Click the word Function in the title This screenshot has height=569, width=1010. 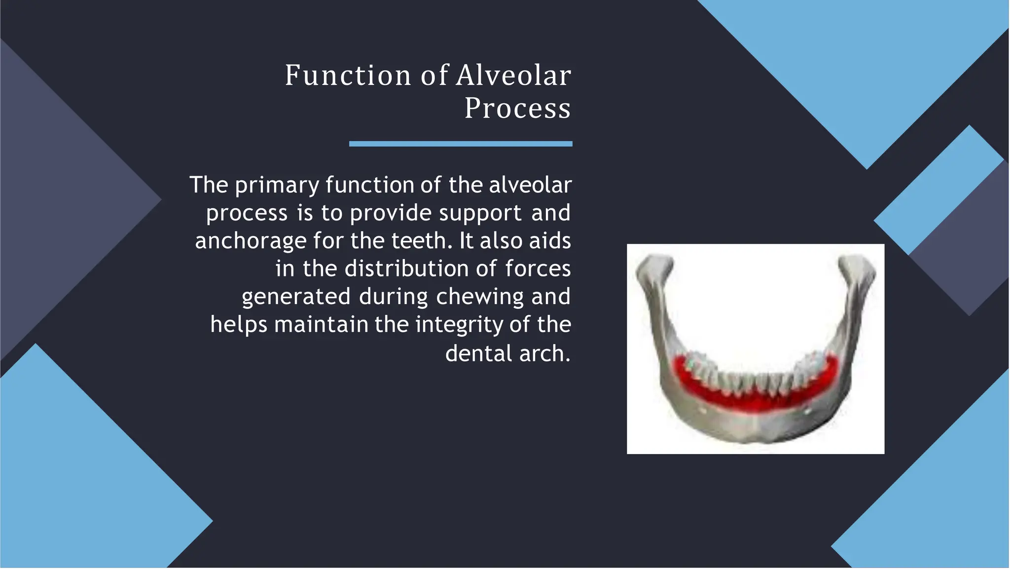pyautogui.click(x=348, y=76)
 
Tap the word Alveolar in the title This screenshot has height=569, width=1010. pyautogui.click(x=513, y=76)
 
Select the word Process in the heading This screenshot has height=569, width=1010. pyautogui.click(x=517, y=108)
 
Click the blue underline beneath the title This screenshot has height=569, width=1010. pyautogui.click(x=461, y=144)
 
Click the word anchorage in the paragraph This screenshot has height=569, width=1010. pyautogui.click(x=251, y=241)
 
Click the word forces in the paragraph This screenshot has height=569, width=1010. pyautogui.click(x=538, y=269)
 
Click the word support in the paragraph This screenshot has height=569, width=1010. pyautogui.click(x=480, y=214)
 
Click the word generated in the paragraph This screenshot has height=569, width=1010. pyautogui.click(x=296, y=297)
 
